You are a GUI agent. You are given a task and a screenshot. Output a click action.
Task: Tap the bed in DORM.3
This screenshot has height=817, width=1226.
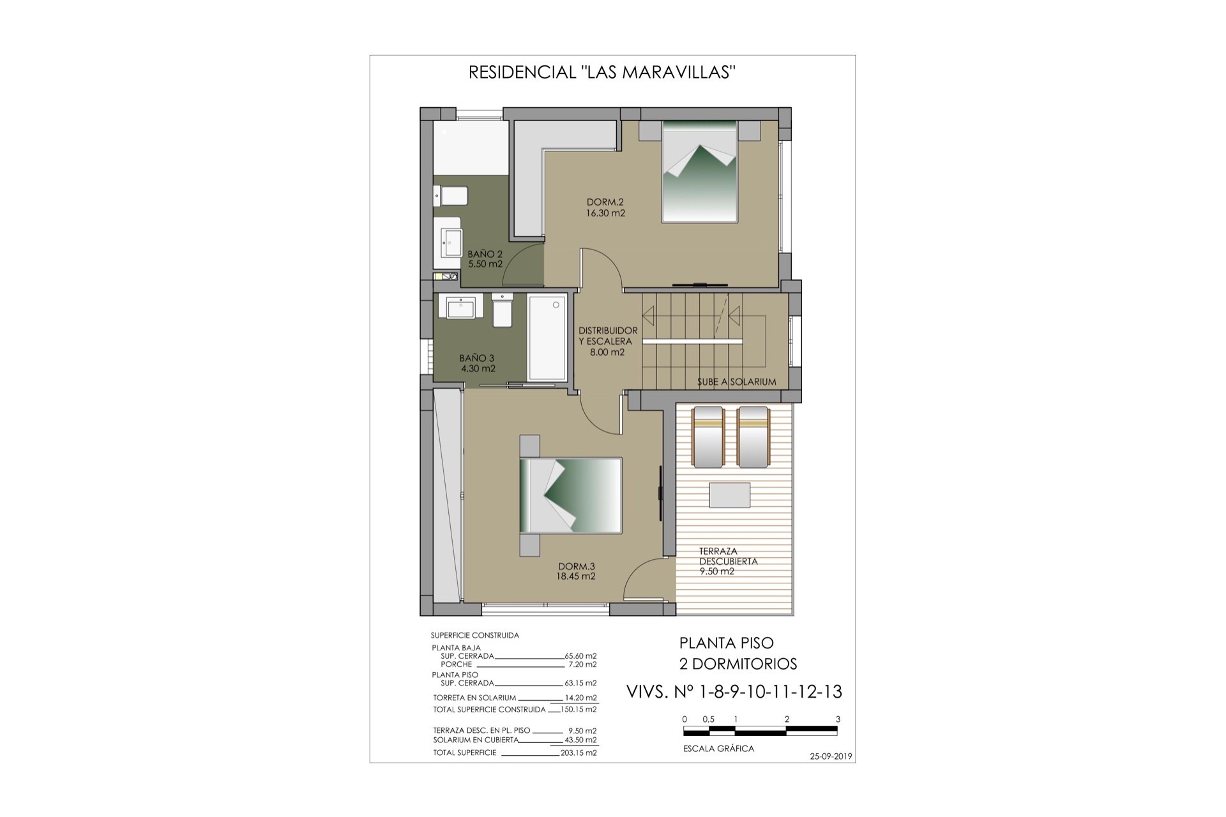pyautogui.click(x=570, y=495)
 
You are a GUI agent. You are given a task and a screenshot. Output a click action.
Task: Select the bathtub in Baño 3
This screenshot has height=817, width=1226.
pyautogui.click(x=547, y=338)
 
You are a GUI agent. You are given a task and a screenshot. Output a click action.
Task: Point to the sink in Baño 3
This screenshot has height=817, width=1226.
pyautogui.click(x=460, y=308)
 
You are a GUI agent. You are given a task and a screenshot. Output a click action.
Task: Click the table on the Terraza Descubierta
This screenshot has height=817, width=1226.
pyautogui.click(x=730, y=495)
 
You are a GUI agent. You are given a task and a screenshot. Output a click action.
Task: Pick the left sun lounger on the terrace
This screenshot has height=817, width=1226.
pyautogui.click(x=709, y=437)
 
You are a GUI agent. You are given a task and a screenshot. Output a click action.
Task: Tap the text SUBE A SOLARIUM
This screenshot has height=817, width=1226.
pyautogui.click(x=736, y=382)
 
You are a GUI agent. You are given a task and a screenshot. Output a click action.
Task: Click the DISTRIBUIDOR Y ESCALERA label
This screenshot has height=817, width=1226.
pyautogui.click(x=608, y=341)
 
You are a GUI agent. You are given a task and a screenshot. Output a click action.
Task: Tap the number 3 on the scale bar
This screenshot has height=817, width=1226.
pyautogui.click(x=838, y=719)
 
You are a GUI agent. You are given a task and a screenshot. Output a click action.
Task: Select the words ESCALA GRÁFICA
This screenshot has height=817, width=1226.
pyautogui.click(x=718, y=749)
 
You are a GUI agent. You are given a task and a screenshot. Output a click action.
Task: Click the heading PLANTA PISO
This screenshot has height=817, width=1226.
pyautogui.click(x=726, y=643)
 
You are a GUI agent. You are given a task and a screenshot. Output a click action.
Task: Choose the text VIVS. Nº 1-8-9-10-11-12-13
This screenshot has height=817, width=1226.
pyautogui.click(x=734, y=691)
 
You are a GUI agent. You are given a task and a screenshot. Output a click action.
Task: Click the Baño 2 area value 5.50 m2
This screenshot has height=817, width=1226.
pyautogui.click(x=485, y=264)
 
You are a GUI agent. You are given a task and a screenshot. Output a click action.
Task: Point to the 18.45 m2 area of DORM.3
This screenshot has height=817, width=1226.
pyautogui.click(x=576, y=576)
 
